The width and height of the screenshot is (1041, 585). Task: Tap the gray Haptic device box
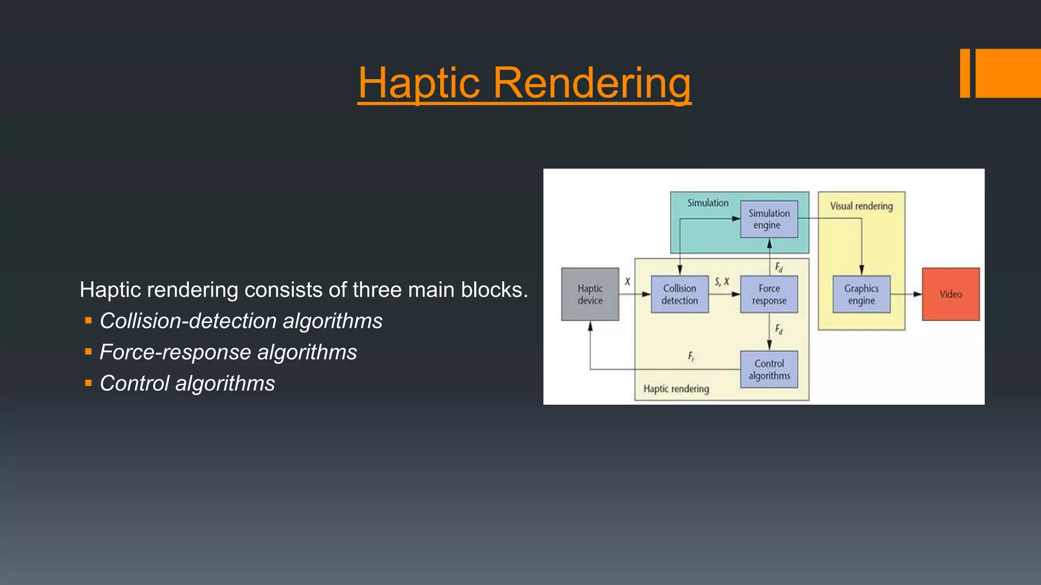coord(590,295)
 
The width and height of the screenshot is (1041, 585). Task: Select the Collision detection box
coord(680,295)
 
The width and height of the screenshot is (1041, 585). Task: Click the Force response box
coord(769,295)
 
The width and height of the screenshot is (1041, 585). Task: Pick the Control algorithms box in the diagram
coord(769,370)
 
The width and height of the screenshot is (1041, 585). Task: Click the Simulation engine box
coord(769,219)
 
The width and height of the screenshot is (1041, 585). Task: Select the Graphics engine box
coord(861,295)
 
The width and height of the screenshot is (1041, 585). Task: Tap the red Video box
coord(951,295)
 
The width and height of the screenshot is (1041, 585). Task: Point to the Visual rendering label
coord(861,206)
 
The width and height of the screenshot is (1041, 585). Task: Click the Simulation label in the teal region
coord(708,203)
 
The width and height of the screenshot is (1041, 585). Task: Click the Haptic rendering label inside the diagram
coord(676,389)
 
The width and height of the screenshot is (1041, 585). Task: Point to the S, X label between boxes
coord(722,282)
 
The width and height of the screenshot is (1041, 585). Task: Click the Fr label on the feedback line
coord(691,356)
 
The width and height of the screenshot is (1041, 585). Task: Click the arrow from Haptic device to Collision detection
coord(635,294)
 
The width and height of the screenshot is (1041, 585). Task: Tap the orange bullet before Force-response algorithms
coord(88,352)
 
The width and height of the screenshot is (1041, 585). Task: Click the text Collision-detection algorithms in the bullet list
coord(241,321)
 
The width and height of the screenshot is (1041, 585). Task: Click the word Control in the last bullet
coord(134,383)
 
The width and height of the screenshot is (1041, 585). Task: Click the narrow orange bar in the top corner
coord(965,73)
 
